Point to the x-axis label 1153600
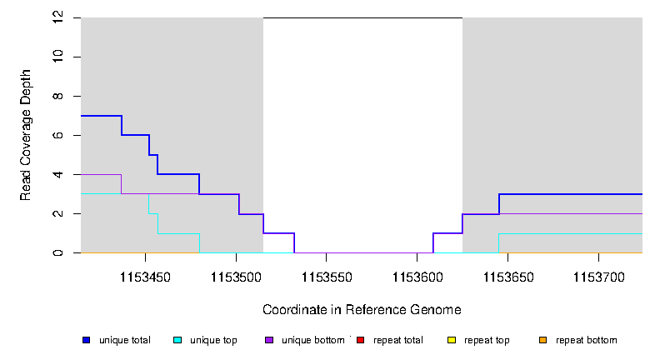417,274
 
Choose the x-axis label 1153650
507,274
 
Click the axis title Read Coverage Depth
26,135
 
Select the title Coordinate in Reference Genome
362,309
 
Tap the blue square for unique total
86,340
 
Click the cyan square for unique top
177,340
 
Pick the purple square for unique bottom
268,340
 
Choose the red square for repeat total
360,340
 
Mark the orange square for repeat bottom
542,340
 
